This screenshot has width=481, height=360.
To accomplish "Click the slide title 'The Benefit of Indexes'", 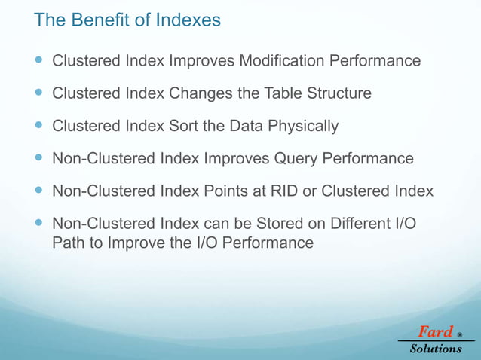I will [127, 20].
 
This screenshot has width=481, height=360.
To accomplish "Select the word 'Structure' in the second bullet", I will [337, 94].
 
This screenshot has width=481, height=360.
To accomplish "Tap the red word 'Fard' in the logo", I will [435, 331].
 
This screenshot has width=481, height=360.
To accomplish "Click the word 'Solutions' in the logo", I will [436, 349].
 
